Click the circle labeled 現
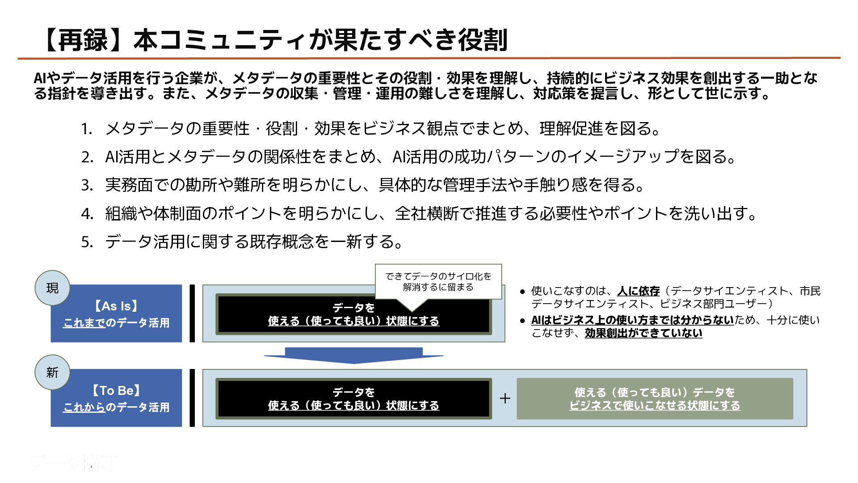click(x=52, y=288)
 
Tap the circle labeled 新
click(x=52, y=372)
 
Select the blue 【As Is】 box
click(x=116, y=314)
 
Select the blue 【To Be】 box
click(x=116, y=398)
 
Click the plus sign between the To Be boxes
click(x=505, y=398)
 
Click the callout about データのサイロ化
click(x=438, y=282)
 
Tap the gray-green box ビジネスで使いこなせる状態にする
click(x=655, y=398)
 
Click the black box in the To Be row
click(x=353, y=398)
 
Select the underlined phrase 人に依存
click(x=638, y=291)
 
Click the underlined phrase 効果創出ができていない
click(x=643, y=333)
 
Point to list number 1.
click(x=87, y=129)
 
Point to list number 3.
click(x=87, y=185)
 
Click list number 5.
click(x=87, y=242)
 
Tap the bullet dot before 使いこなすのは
click(x=522, y=292)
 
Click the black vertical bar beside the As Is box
click(x=192, y=314)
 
